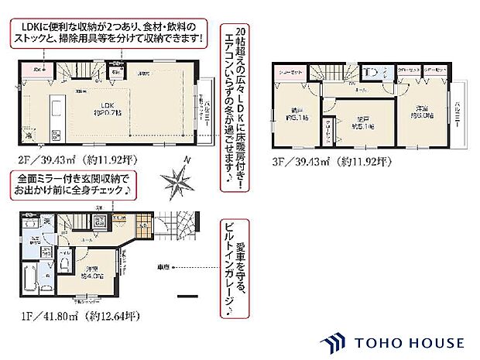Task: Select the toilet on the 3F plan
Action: click(370, 72)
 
